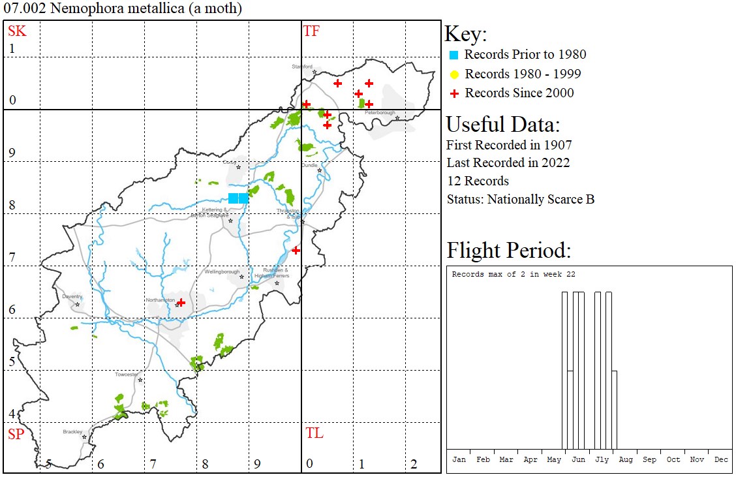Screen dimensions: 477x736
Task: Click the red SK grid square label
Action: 17,31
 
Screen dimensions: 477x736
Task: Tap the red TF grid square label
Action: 311,31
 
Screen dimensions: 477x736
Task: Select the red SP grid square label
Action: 16,434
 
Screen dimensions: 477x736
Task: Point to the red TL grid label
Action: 314,433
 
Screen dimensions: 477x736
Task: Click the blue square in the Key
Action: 453,55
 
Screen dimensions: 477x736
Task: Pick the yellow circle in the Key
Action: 454,74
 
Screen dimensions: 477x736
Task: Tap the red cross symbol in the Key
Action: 454,93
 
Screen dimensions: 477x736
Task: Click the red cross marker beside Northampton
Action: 181,302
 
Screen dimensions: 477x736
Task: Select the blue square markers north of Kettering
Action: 238,198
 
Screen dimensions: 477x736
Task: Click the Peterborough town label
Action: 380,113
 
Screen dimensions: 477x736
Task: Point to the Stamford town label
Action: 302,67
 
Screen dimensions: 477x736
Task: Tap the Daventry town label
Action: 72,296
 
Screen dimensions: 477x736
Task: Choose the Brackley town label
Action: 72,432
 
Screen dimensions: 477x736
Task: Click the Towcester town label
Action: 127,375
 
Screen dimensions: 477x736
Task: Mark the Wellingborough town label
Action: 222,271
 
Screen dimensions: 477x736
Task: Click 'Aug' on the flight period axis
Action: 626,459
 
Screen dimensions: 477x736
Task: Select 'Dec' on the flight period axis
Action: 720,459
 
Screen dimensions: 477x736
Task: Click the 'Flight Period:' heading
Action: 509,251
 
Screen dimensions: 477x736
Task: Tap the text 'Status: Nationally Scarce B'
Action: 520,200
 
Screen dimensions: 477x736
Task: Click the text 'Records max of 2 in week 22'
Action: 514,275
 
